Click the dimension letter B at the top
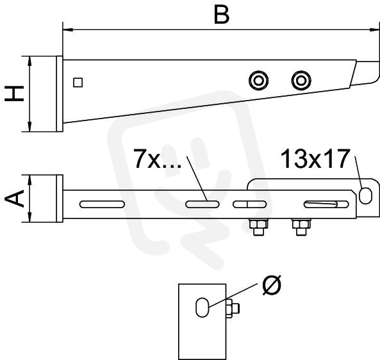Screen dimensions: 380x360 [222, 15]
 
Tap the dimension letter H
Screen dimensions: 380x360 [14, 94]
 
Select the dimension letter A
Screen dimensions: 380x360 [14, 199]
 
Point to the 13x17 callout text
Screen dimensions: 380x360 [315, 159]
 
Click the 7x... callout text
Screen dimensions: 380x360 [157, 159]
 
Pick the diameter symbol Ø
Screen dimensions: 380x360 [272, 284]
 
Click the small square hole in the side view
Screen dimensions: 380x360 [78, 83]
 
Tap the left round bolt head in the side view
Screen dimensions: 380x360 [259, 81]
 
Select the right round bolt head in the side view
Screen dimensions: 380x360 [301, 81]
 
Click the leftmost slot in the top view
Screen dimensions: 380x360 [102, 204]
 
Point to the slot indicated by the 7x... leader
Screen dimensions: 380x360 [202, 204]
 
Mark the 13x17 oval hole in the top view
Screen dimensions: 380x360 [365, 196]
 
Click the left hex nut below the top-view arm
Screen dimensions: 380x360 [259, 227]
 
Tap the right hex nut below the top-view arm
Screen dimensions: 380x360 [301, 227]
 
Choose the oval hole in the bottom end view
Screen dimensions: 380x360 [202, 307]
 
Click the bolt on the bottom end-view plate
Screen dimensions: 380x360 [233, 308]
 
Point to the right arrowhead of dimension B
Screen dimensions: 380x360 [374, 30]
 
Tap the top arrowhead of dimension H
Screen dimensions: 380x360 [29, 61]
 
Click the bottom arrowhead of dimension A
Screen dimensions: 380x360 [29, 217]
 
